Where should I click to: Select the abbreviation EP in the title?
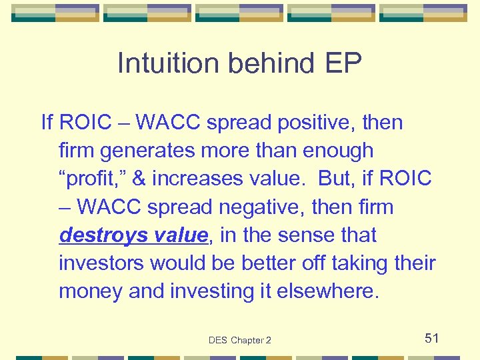(344, 64)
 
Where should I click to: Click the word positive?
(308, 123)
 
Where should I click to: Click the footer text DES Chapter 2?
(240, 340)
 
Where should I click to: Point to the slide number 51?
(432, 338)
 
